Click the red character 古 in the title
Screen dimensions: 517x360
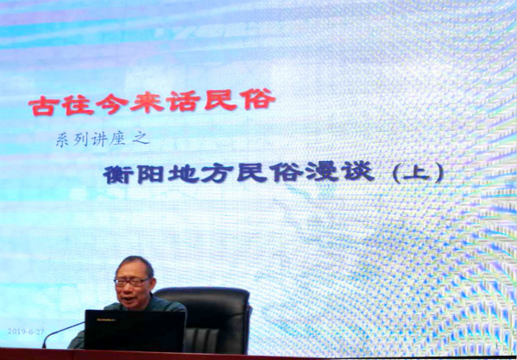(x=41, y=106)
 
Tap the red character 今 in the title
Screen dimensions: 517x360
(x=112, y=104)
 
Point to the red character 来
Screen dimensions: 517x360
(x=147, y=102)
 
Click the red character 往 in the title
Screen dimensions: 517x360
(x=78, y=105)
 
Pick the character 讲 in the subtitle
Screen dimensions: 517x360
(x=99, y=140)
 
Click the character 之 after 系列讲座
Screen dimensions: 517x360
(x=140, y=138)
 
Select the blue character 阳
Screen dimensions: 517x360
(x=150, y=175)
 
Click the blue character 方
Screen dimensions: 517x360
(x=216, y=174)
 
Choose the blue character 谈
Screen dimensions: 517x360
(x=358, y=171)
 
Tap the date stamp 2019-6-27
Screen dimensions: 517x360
(x=26, y=332)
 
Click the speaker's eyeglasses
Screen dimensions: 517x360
(x=131, y=282)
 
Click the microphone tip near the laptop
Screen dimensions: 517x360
(x=44, y=345)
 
